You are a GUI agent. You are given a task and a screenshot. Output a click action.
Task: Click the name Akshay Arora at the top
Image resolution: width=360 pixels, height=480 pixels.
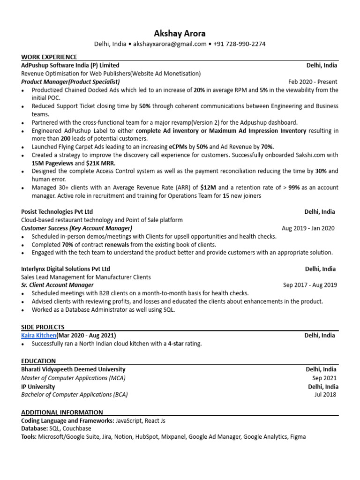[x=180, y=33]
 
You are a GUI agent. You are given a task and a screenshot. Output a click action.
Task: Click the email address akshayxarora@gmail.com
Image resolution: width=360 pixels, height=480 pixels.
[x=170, y=44]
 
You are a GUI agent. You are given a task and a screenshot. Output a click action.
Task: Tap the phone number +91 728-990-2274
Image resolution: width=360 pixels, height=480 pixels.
[x=240, y=44]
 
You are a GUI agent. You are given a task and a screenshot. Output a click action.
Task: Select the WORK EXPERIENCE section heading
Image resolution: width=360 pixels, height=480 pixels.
[x=49, y=57]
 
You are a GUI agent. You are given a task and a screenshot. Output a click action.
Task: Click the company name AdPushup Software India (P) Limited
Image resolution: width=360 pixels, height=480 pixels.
[x=70, y=65]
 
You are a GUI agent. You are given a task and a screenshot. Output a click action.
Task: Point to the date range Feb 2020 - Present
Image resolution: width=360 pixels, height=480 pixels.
[x=313, y=82]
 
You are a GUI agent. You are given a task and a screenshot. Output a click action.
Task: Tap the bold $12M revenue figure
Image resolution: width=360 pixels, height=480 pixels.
[x=208, y=187]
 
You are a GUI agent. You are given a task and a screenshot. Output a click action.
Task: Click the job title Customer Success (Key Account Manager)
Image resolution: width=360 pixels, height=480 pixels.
[x=76, y=228]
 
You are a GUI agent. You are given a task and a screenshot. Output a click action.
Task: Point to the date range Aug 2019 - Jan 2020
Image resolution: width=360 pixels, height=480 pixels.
[x=308, y=228]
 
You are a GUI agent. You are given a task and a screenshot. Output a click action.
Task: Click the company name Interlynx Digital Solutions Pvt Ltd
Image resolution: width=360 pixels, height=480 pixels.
[x=66, y=269]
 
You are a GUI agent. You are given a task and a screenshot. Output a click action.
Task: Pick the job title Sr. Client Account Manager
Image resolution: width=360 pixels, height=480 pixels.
[x=57, y=285]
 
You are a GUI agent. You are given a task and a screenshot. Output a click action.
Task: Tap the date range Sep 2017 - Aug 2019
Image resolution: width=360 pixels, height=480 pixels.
[x=310, y=285]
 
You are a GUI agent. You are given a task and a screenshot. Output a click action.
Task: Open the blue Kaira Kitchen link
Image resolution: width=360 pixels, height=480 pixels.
[x=39, y=336]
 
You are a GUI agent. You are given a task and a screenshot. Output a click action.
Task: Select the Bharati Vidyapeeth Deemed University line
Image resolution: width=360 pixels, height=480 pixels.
[x=73, y=369]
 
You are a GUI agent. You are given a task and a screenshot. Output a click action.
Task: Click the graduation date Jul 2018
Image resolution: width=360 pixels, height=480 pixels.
[x=325, y=395]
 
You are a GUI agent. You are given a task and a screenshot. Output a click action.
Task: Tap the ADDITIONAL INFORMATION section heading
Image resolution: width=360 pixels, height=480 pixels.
[x=62, y=412]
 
